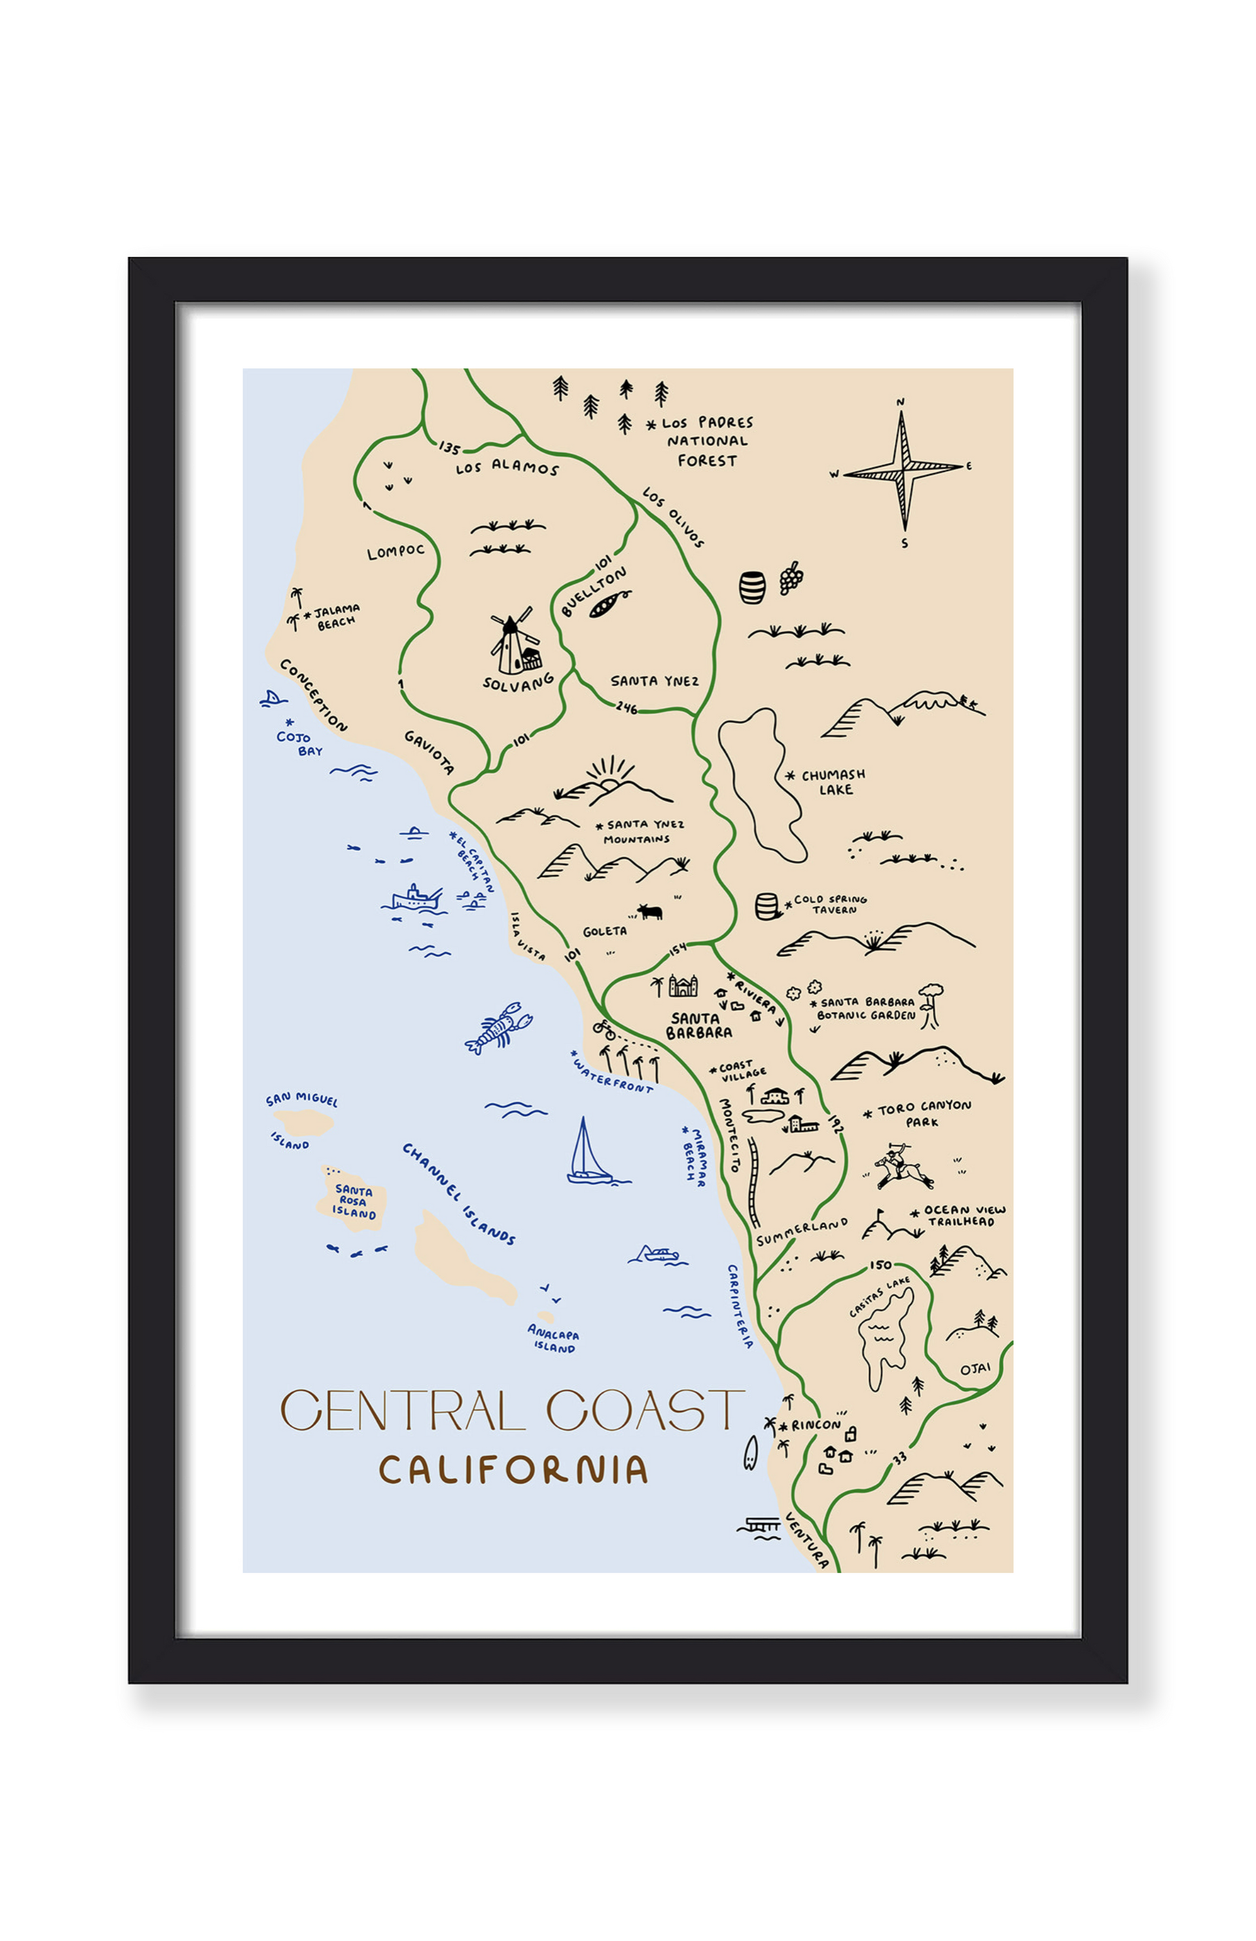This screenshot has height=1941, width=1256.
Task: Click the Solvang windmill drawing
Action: pyautogui.click(x=513, y=644)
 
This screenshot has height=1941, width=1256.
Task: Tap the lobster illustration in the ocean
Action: pyautogui.click(x=498, y=1028)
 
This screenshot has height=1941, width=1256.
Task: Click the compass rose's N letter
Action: pyautogui.click(x=900, y=402)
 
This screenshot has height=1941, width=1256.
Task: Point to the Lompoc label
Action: pyautogui.click(x=396, y=552)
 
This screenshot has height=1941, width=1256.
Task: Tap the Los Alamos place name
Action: pyautogui.click(x=507, y=468)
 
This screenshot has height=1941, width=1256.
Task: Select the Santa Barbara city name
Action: pyautogui.click(x=698, y=1025)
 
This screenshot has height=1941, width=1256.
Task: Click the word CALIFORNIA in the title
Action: pyautogui.click(x=513, y=1470)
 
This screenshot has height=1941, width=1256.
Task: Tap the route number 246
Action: pyautogui.click(x=626, y=708)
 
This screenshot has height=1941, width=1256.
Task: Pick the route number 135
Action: pyautogui.click(x=449, y=448)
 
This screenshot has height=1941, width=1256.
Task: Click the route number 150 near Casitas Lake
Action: pyautogui.click(x=880, y=1265)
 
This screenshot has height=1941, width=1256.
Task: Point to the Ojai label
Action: pyautogui.click(x=975, y=1368)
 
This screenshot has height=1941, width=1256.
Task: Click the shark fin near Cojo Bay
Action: pyautogui.click(x=272, y=698)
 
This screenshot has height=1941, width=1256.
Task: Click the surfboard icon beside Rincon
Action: pyautogui.click(x=751, y=1452)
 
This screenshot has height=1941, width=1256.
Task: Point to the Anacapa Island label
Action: pyautogui.click(x=554, y=1339)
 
